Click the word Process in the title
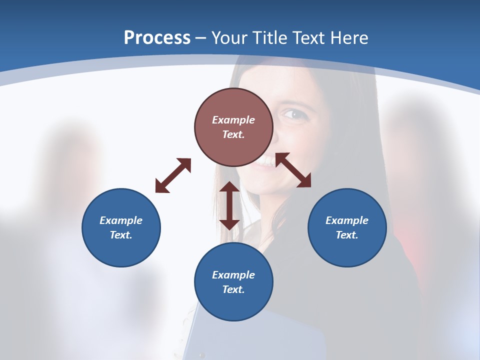[x=157, y=38]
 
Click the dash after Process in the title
[x=200, y=38]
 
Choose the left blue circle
[x=121, y=227]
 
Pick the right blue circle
[x=347, y=227]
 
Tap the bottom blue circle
[x=233, y=281]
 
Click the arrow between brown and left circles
[x=173, y=175]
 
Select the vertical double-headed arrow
[x=229, y=205]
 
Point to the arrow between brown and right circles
[x=293, y=170]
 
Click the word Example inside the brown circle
[x=233, y=120]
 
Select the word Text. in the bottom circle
[x=233, y=289]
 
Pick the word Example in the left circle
[x=121, y=220]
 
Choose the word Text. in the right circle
[x=347, y=235]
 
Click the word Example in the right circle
[x=347, y=220]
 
